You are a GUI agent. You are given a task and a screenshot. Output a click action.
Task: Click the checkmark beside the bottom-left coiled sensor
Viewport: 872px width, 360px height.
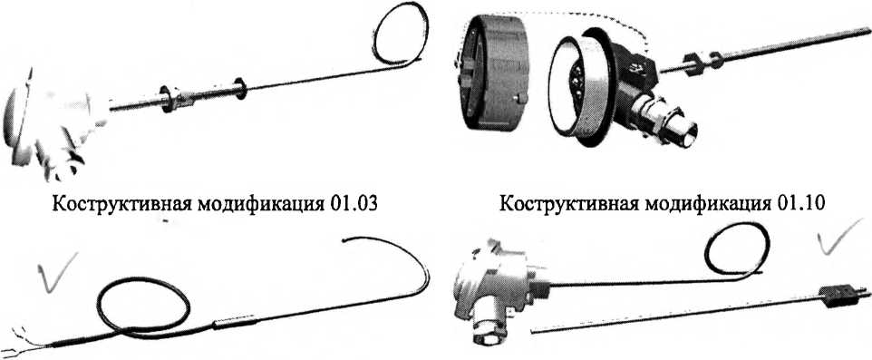click(x=57, y=270)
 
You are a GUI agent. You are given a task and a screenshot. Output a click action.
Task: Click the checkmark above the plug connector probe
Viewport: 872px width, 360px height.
click(x=840, y=236)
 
